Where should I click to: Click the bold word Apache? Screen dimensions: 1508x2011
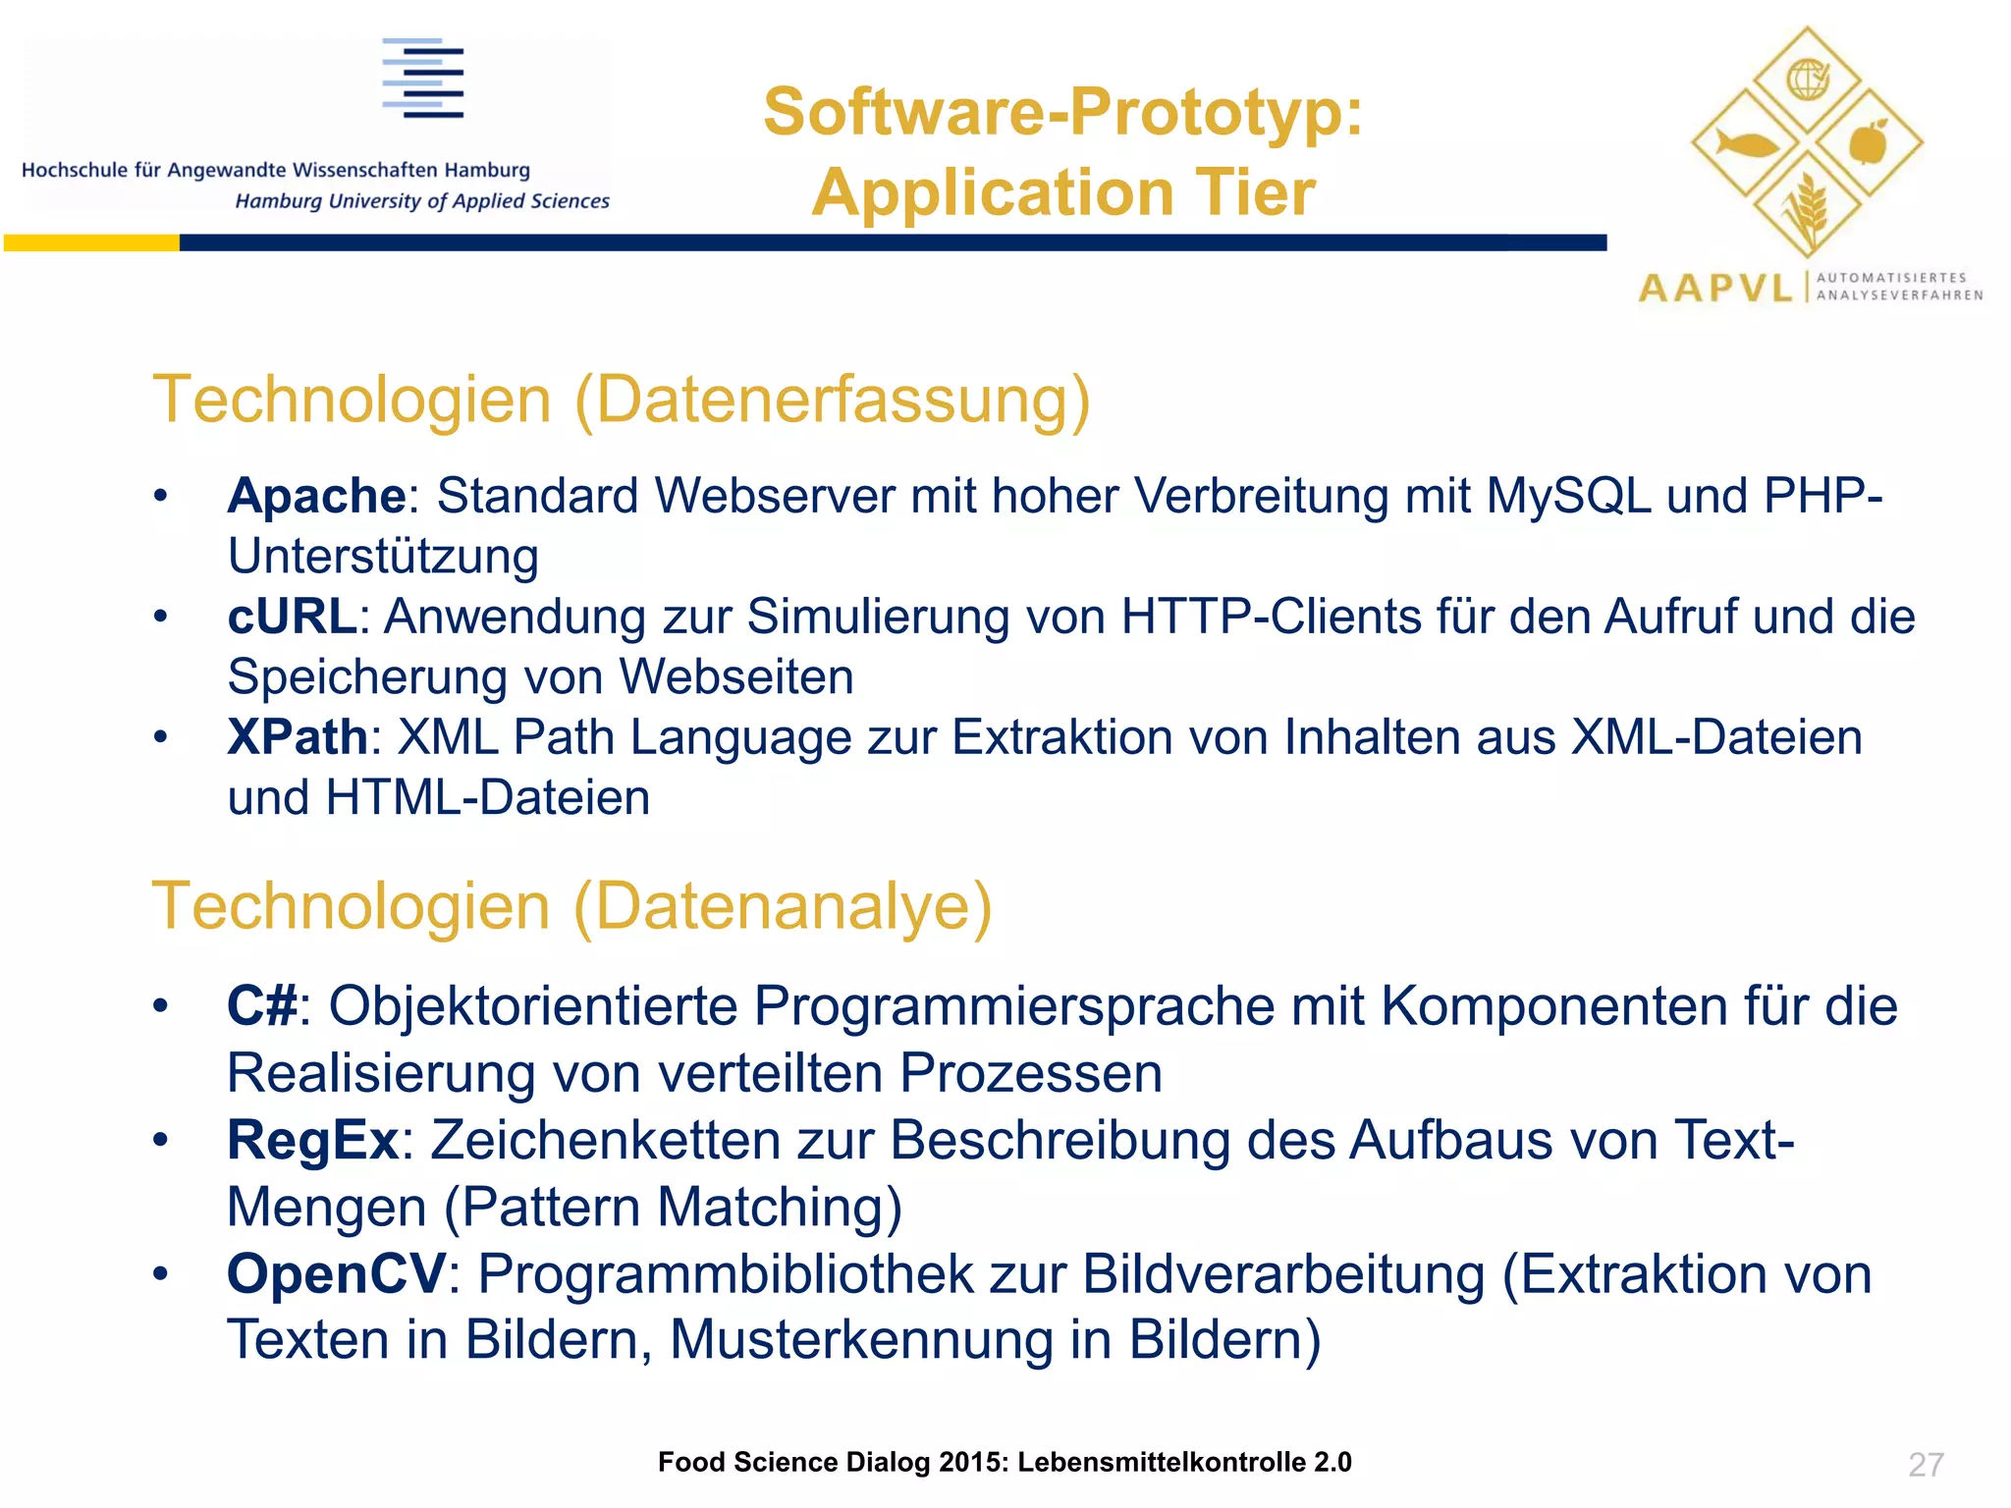316,496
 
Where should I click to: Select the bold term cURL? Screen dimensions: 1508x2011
292,617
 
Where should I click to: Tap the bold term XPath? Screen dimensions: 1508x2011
298,737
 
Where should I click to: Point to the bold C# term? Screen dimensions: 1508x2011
262,1006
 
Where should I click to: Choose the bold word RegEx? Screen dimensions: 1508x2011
312,1141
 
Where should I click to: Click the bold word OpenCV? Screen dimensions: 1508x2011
337,1274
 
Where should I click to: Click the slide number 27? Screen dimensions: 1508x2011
1926,1465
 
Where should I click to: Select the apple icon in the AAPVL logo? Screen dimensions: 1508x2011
1868,143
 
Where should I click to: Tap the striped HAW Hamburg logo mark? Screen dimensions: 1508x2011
423,79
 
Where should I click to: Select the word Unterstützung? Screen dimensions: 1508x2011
383,557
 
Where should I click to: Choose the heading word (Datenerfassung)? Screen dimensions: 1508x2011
833,401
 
